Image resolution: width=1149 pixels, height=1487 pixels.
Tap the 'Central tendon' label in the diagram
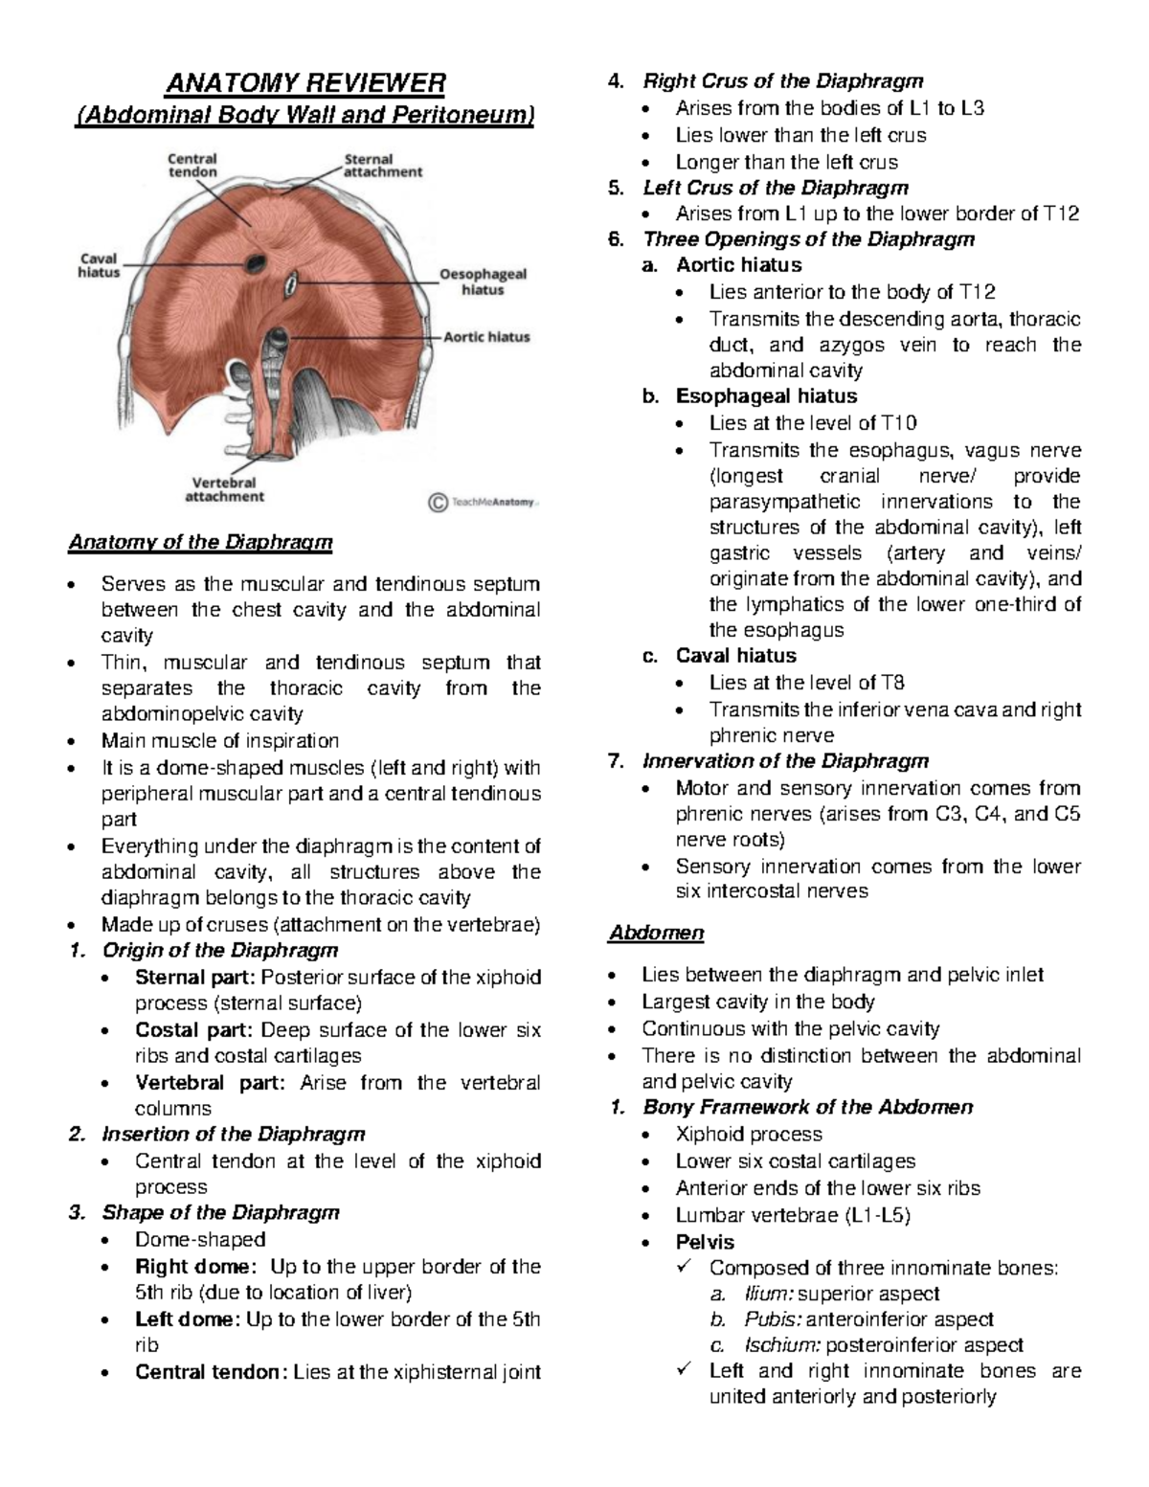coord(192,165)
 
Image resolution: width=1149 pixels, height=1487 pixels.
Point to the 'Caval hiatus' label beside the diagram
coord(99,265)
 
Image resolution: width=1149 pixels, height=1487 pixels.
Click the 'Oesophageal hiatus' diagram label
coord(483,282)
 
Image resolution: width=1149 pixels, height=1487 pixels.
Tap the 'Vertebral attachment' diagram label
coord(224,489)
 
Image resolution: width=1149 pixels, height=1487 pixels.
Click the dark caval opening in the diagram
coord(257,260)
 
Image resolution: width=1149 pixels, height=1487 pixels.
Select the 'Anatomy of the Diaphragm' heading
coord(200,543)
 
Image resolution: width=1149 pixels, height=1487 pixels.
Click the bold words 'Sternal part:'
coord(195,978)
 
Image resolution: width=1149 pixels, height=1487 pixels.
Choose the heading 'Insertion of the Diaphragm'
coord(233,1135)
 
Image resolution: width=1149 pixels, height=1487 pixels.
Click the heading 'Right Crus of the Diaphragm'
coord(782,81)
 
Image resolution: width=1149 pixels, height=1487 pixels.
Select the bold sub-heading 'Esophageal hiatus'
coord(766,396)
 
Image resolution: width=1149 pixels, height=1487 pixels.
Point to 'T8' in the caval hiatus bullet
coord(892,683)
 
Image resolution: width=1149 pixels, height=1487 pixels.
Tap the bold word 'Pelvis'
coord(705,1242)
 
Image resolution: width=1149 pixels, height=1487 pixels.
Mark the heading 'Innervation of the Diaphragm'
coord(785,761)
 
